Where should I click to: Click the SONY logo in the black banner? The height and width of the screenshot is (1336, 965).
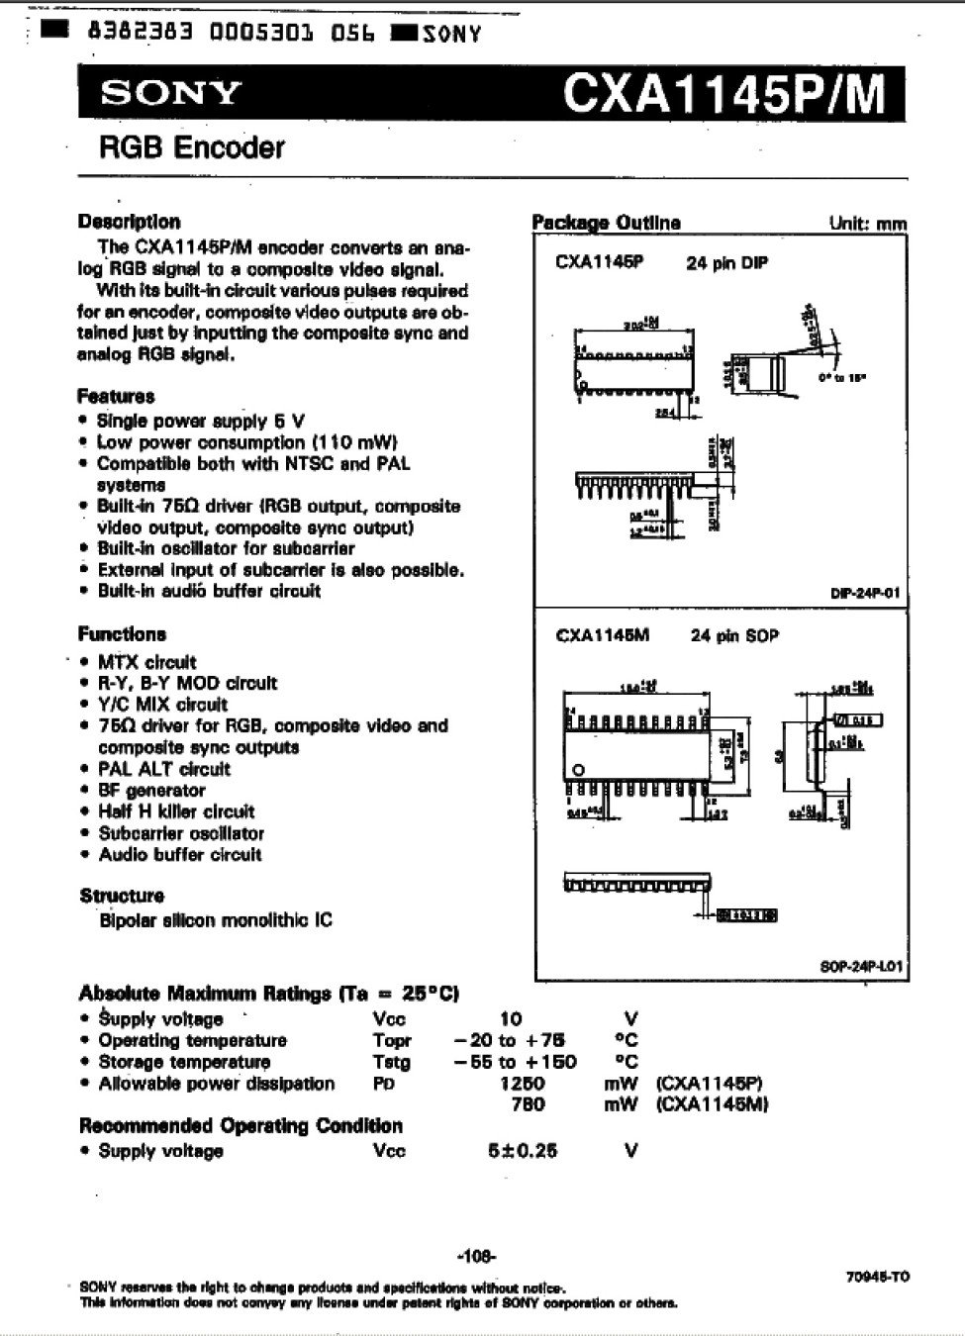click(171, 94)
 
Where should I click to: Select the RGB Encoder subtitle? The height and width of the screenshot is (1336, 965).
click(191, 148)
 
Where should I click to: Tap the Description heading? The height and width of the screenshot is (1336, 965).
click(129, 222)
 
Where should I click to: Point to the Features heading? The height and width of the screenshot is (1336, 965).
click(116, 396)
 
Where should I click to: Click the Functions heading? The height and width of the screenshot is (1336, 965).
click(122, 633)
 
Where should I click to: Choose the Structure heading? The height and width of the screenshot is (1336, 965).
click(122, 896)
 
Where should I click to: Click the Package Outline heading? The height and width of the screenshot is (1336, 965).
click(607, 223)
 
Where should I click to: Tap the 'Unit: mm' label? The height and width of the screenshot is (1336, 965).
click(867, 224)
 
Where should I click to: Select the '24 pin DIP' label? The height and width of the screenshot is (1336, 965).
click(727, 263)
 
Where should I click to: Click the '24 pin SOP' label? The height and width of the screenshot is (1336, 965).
click(734, 635)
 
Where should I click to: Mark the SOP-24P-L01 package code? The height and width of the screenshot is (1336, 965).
click(863, 966)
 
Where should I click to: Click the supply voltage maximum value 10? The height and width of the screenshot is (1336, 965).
click(511, 1018)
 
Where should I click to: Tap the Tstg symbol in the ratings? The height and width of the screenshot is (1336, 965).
click(391, 1062)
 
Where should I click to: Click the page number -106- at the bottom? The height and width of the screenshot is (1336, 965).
click(477, 1257)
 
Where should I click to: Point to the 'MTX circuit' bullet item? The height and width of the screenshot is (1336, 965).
click(146, 662)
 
